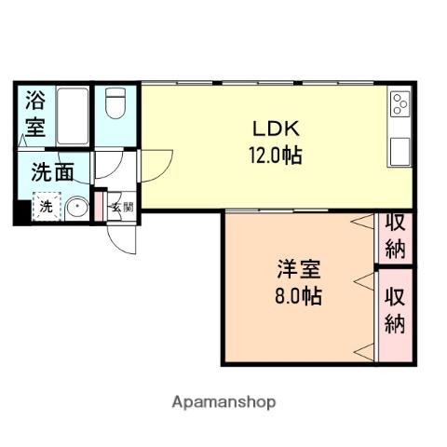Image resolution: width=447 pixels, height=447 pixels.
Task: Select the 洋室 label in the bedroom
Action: pyautogui.click(x=298, y=272)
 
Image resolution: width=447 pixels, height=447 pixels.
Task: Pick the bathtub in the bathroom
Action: pyautogui.click(x=72, y=114)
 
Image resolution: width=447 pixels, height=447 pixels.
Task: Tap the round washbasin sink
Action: pyautogui.click(x=77, y=207)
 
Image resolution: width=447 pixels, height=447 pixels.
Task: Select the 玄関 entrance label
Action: pyautogui.click(x=121, y=208)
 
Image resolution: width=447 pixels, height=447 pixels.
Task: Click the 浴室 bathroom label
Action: pyautogui.click(x=35, y=112)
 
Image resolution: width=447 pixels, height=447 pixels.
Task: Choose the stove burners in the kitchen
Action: pyautogui.click(x=400, y=103)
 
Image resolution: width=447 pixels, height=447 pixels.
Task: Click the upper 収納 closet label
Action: pyautogui.click(x=396, y=236)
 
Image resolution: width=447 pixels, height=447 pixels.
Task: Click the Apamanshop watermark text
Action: pyautogui.click(x=223, y=402)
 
